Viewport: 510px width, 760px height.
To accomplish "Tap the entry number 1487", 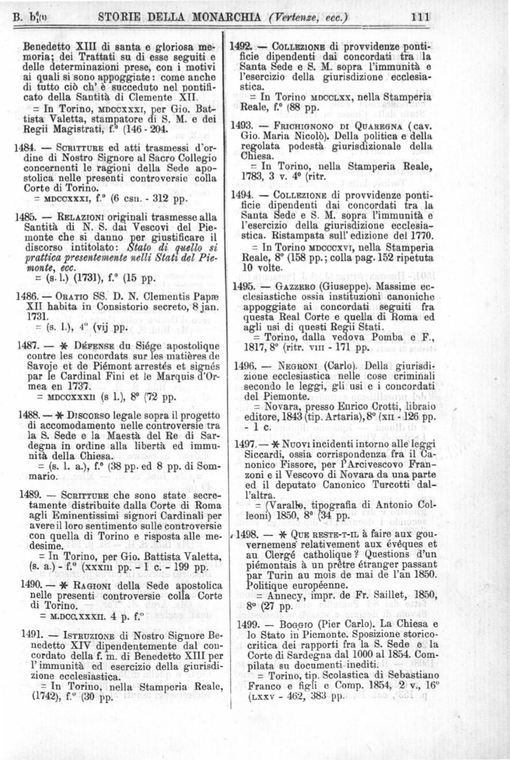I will pos(27,346).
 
